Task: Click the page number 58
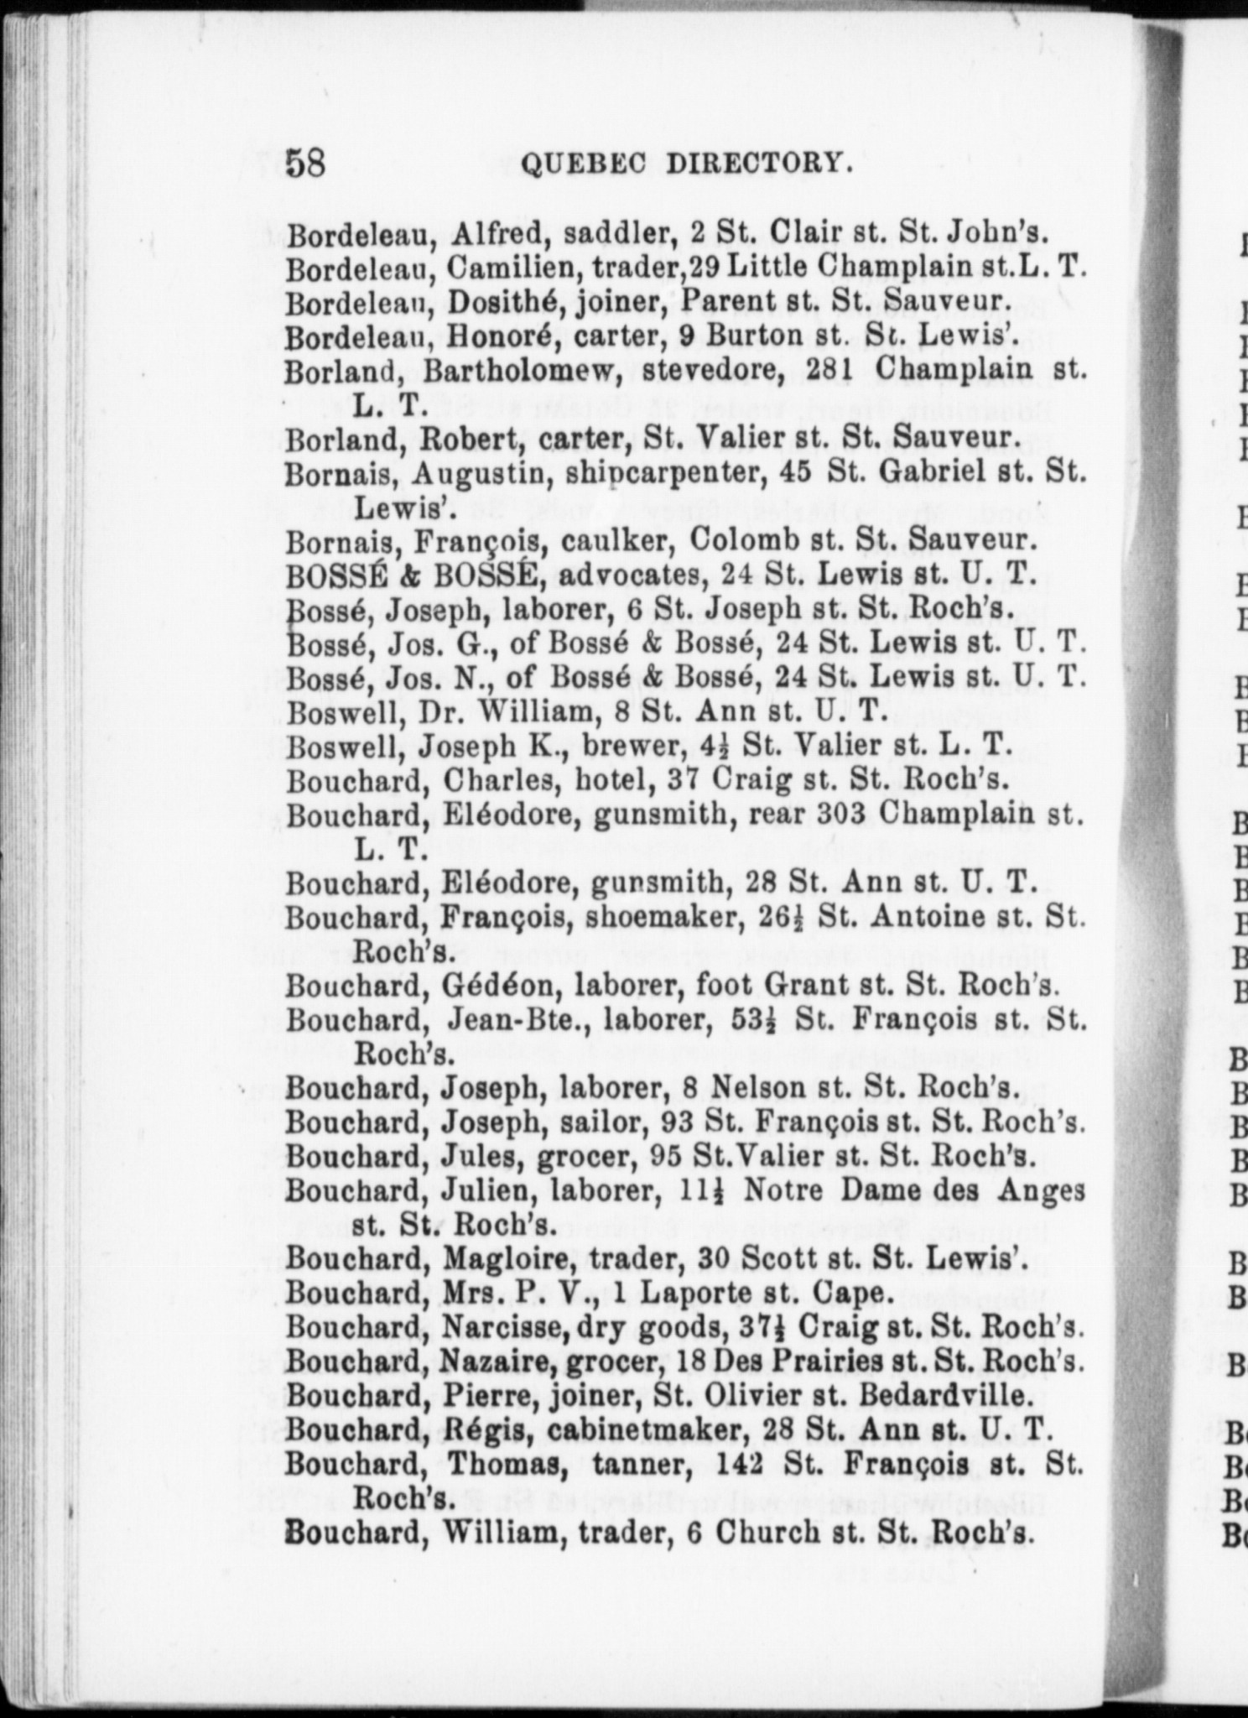[x=305, y=162]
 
